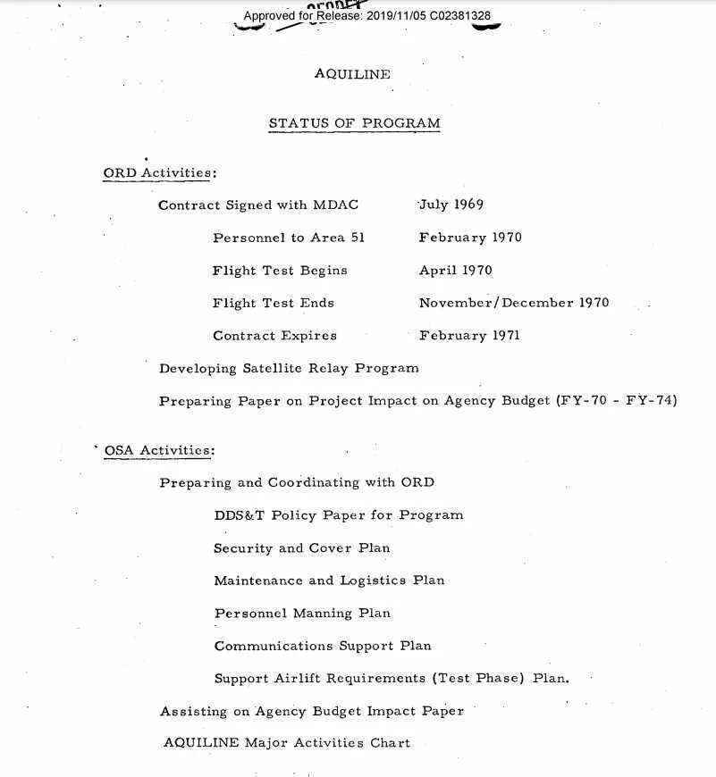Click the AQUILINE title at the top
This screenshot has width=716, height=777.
click(x=352, y=75)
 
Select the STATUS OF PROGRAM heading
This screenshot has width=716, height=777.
click(x=354, y=123)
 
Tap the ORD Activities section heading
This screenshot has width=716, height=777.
click(x=160, y=172)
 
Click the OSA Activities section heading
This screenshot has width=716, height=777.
click(x=160, y=450)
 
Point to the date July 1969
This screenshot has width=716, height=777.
click(x=451, y=205)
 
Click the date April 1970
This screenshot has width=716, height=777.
click(x=455, y=271)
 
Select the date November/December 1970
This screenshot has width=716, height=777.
click(x=513, y=303)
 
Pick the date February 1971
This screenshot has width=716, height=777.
click(x=469, y=336)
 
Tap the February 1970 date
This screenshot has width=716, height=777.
click(x=470, y=238)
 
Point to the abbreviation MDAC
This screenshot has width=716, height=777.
click(x=335, y=205)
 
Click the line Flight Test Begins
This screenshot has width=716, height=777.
click(x=280, y=271)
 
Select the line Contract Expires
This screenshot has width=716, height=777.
click(x=274, y=336)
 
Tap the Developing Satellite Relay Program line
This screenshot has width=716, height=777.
click(x=289, y=368)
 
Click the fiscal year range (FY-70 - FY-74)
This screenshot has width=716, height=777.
click(x=616, y=401)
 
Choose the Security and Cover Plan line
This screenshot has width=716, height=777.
click(x=301, y=548)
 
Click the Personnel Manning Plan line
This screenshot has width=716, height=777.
click(x=302, y=614)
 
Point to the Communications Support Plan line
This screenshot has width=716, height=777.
click(x=322, y=646)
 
